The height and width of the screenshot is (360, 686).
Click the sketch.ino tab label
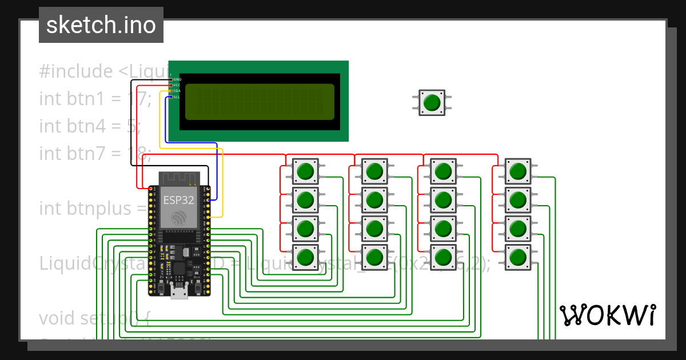coord(101,25)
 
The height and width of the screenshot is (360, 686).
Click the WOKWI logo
coord(607,315)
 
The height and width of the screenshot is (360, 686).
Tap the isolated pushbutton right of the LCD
coord(432,102)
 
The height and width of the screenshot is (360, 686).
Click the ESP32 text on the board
coord(178,200)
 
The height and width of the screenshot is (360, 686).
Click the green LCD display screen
coord(260,102)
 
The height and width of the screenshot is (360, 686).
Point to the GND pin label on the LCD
coord(177,79)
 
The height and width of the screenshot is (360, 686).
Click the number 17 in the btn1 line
coord(138,99)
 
